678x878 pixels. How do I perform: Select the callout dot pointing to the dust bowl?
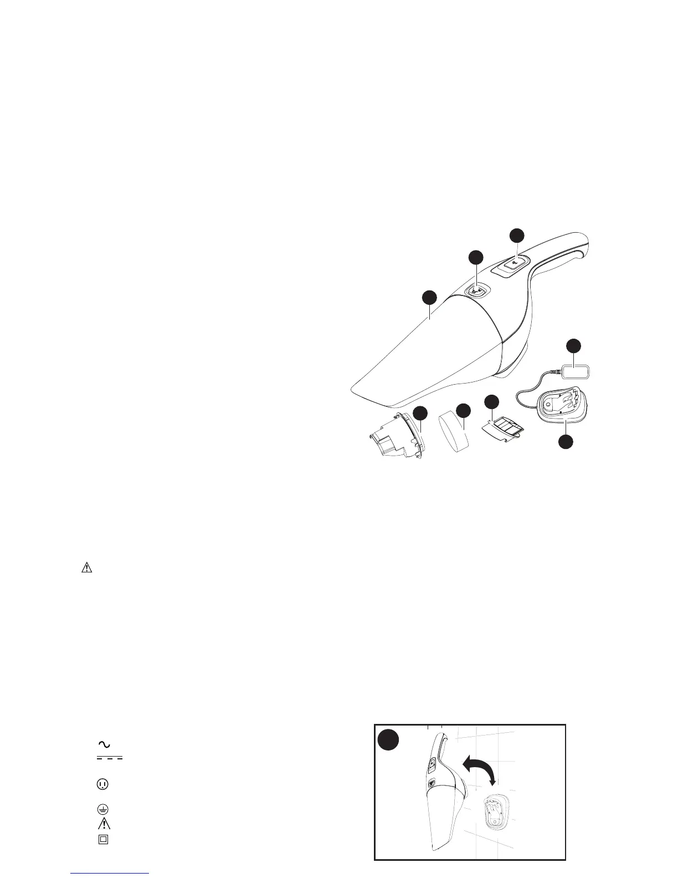(429, 298)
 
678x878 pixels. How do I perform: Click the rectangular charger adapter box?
(577, 370)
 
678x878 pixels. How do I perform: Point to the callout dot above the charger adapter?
(574, 345)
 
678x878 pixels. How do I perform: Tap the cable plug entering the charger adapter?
(556, 371)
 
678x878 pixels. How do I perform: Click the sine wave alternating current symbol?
(104, 744)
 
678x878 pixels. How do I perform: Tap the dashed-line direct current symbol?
(109, 758)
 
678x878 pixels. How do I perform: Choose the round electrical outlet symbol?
(104, 784)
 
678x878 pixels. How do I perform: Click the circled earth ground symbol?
(104, 809)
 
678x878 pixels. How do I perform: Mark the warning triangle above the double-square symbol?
(104, 823)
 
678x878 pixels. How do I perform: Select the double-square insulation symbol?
(104, 839)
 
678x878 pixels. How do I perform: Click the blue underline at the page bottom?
(110, 873)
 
